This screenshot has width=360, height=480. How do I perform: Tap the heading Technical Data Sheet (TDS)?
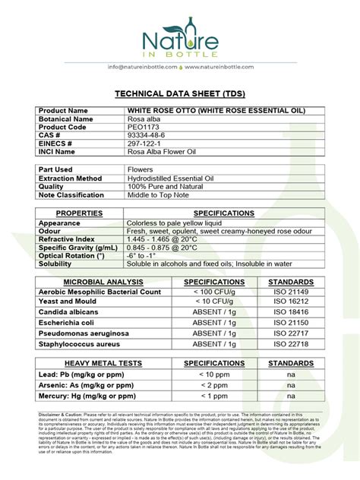click(180, 93)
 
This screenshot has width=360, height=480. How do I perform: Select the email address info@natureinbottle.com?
click(143, 67)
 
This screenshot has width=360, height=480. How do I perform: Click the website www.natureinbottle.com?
click(219, 67)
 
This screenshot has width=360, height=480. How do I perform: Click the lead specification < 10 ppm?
click(214, 374)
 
